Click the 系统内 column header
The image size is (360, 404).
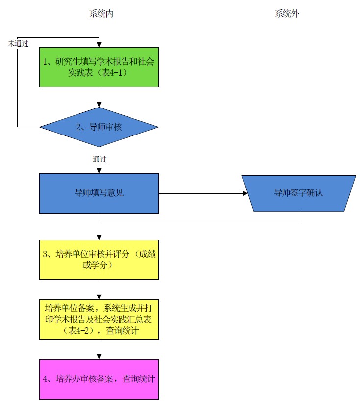[101, 14]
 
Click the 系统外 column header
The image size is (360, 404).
[287, 14]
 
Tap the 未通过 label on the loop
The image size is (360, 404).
[18, 43]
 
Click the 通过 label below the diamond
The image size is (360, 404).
[100, 159]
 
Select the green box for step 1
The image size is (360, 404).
[99, 67]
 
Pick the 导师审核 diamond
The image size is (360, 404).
[99, 127]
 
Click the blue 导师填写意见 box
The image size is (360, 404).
[99, 193]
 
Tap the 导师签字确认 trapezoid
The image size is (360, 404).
[299, 193]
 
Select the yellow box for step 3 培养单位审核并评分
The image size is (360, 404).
[99, 259]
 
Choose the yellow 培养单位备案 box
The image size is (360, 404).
[99, 319]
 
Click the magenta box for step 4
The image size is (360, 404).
[99, 379]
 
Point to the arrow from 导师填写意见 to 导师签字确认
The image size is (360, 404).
[201, 193]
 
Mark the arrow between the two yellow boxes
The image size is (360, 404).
[99, 289]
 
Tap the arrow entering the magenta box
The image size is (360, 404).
[99, 349]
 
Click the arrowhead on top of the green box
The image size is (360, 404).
[99, 44]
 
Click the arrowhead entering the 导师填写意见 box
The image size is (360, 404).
[99, 170]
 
